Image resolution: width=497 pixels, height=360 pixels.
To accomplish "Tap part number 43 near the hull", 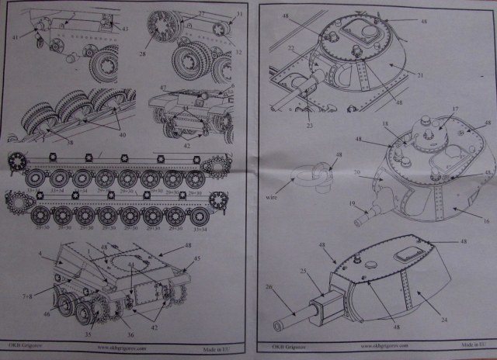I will pos(123,29).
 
